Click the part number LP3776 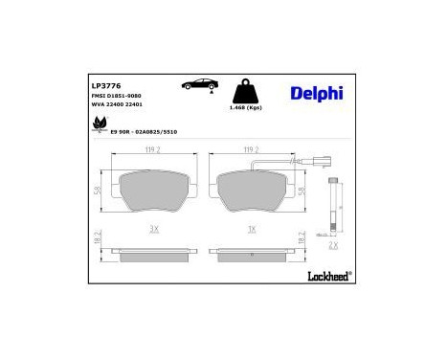coord(104,84)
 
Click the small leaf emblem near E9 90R coord(99,123)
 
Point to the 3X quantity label coord(153,229)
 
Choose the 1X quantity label coord(253,229)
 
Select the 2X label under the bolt coord(332,244)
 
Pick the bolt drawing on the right coord(332,207)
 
